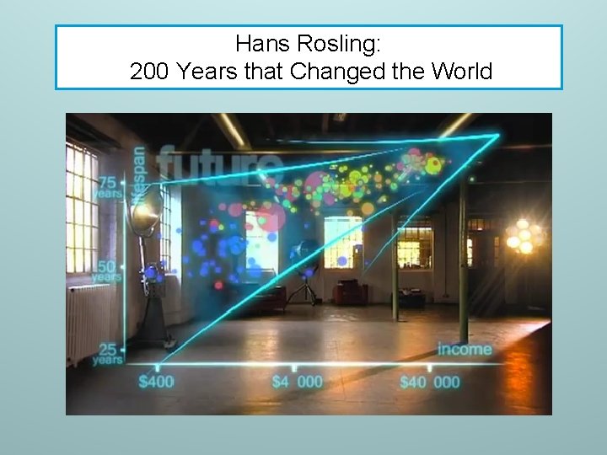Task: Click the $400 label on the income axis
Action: [x=156, y=382]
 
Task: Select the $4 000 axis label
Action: [x=297, y=382]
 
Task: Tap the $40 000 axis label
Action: [x=430, y=382]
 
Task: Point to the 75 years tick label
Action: [x=107, y=187]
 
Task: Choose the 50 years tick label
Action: [x=105, y=270]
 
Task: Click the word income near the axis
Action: [x=464, y=349]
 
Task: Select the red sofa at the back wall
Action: [x=349, y=292]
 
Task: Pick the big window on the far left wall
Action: [x=81, y=206]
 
